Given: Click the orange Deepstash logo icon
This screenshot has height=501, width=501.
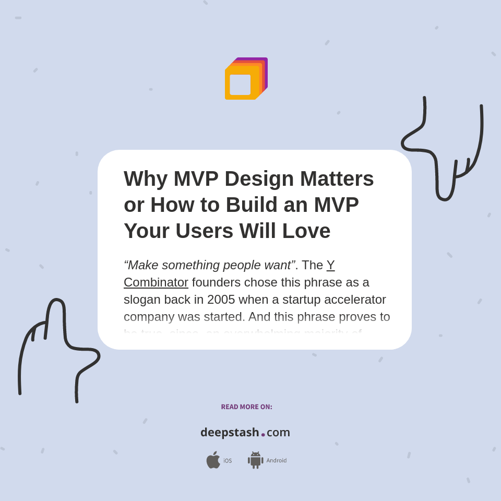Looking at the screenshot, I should coord(246,78).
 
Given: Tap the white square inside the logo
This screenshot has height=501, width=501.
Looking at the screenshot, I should coord(240,85).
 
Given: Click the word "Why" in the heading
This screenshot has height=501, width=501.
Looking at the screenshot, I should coord(146,179).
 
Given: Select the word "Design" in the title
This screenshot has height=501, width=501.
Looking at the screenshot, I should coord(259,179).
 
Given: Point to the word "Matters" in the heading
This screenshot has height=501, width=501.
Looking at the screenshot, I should coord(337,179).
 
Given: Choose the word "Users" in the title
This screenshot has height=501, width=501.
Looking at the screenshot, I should coord(205,231).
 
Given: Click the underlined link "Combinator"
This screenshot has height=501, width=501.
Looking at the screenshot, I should coord(156,282).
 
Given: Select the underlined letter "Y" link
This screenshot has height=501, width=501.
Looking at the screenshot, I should coord(330,265).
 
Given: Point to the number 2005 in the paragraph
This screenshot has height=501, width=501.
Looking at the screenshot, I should coord(221,300).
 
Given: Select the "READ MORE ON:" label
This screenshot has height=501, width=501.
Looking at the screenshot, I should coord(246,407).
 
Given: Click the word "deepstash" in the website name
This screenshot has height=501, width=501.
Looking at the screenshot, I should coord(230,433).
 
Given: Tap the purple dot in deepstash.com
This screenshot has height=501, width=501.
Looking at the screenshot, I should coord(263,435).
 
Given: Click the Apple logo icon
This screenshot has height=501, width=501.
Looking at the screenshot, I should coord(213,460).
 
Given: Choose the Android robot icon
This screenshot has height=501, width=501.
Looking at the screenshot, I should coord(255,460).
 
